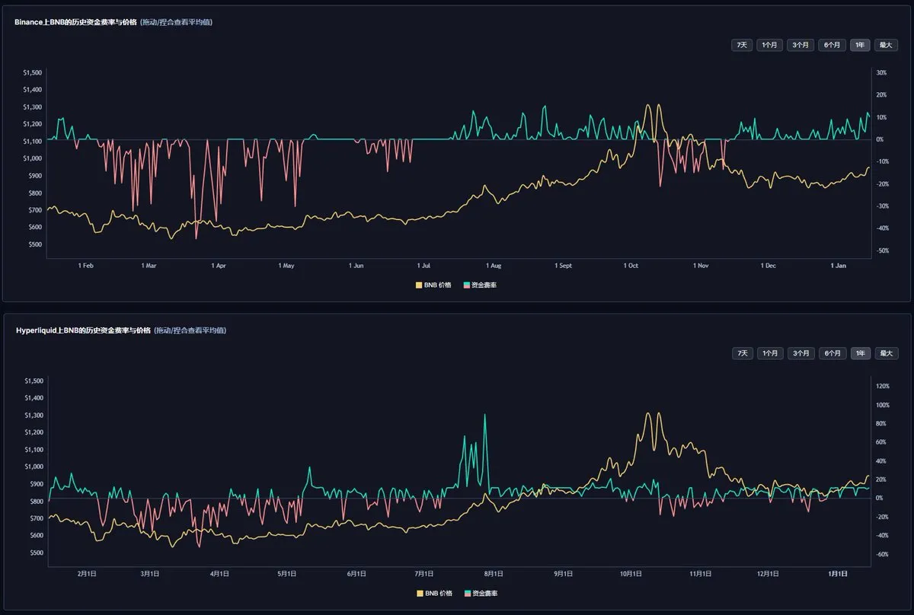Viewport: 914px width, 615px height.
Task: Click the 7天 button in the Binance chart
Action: [x=741, y=45]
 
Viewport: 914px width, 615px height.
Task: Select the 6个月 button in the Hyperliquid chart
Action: [x=832, y=353]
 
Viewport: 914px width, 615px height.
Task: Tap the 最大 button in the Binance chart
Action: [x=885, y=45]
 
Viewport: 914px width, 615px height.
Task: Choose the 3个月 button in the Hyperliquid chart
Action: [x=801, y=353]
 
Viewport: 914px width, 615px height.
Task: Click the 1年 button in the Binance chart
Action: [x=860, y=45]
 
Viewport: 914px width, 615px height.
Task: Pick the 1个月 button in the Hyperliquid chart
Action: [x=769, y=353]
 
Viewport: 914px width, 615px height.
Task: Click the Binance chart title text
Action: [x=75, y=22]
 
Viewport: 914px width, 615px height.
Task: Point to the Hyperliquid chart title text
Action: [x=82, y=330]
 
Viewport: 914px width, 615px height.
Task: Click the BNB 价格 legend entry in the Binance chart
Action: [x=433, y=285]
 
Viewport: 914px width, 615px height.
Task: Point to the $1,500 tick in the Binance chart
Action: [x=33, y=73]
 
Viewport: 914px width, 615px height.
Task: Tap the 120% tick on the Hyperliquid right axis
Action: [x=884, y=386]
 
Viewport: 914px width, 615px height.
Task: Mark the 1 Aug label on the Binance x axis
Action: [x=493, y=266]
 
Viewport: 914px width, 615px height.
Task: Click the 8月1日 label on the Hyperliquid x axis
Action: [x=494, y=573]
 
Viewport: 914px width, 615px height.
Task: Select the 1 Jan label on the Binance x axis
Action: [x=838, y=266]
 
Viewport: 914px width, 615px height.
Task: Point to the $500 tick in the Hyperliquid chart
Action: [x=34, y=553]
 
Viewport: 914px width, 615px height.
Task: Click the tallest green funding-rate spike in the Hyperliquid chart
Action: [x=484, y=416]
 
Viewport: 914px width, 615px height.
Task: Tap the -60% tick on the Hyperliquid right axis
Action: [x=883, y=555]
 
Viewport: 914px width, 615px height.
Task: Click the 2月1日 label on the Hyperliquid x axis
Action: [x=86, y=573]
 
